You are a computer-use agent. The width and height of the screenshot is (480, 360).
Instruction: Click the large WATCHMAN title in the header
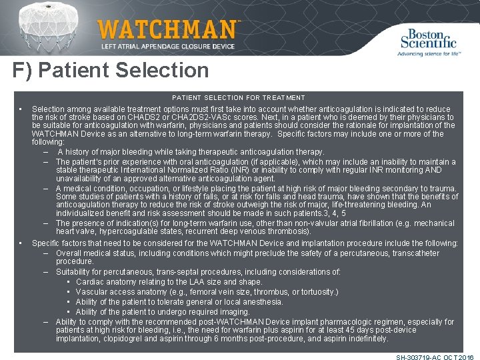pos(168,29)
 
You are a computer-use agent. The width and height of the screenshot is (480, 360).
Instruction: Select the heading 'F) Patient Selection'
pos(111,71)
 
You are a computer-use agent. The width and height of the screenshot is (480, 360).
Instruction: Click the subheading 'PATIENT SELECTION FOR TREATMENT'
pos(239,98)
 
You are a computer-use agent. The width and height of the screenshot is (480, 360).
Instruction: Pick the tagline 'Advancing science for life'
pos(429,53)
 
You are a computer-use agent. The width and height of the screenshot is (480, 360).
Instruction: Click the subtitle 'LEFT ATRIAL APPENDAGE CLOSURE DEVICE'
pos(167,46)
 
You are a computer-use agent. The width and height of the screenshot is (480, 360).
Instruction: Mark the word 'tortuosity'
pos(317,292)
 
